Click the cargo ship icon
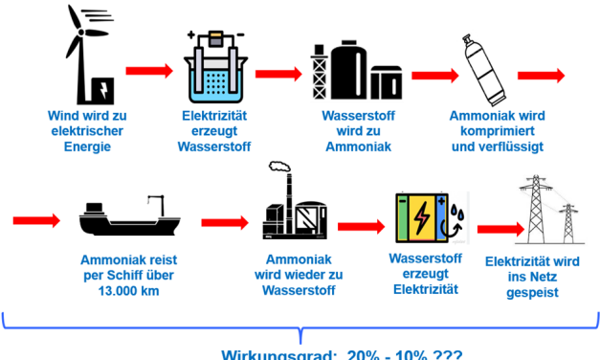pyautogui.click(x=125, y=219)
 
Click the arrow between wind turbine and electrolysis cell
pyautogui.click(x=148, y=72)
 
